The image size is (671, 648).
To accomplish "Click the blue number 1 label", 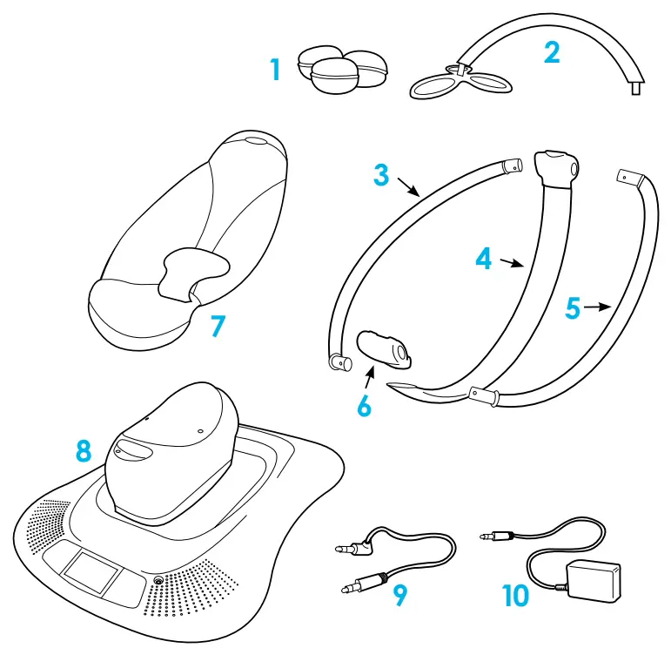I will (x=275, y=69).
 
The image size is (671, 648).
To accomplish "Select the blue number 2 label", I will (x=552, y=51).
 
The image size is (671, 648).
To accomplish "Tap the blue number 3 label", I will (x=381, y=173).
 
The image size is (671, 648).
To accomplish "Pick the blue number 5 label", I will (x=572, y=308).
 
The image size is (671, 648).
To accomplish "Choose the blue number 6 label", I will (x=365, y=405).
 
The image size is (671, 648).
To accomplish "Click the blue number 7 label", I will (x=218, y=327).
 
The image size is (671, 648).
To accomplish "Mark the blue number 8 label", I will (x=84, y=450).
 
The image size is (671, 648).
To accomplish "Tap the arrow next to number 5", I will (x=598, y=307).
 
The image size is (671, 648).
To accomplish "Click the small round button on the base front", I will (x=158, y=580).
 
